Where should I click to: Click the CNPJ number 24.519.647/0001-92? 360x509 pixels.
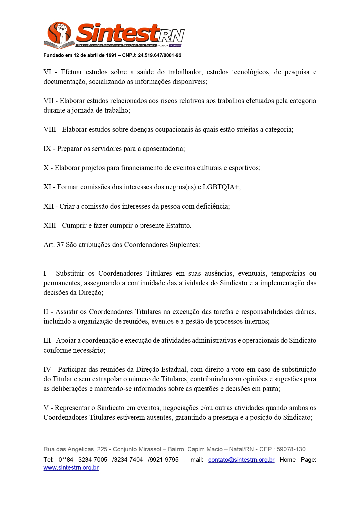pos(160,55)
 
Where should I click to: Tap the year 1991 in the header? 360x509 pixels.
pos(111,55)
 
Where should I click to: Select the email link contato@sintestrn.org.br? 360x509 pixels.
pos(241,460)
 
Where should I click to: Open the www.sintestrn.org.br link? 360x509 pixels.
pos(71,468)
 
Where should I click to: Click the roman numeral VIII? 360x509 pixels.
pos(50,129)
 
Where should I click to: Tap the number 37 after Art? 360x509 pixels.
pos(60,245)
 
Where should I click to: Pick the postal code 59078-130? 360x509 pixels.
pos(291,449)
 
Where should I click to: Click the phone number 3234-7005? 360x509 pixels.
pos(93,460)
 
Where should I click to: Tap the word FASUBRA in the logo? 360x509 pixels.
pos(175,46)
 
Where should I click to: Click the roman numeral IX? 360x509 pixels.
pos(47,149)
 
